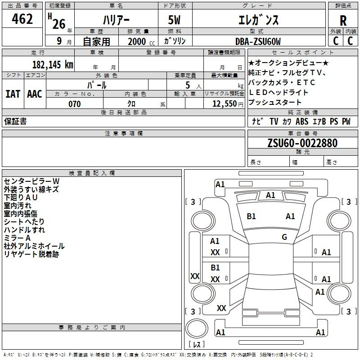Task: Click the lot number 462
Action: (x=22, y=19)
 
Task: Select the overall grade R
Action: (x=343, y=20)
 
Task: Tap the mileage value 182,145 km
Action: (x=53, y=64)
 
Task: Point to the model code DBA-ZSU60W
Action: (x=258, y=41)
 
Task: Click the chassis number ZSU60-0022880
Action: (x=302, y=143)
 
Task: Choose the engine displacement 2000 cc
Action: (x=141, y=42)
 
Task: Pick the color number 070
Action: (x=75, y=104)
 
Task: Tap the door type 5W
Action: (x=174, y=20)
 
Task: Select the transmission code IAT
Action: (x=13, y=94)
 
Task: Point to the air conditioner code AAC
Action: (x=35, y=94)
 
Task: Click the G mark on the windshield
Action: (x=284, y=237)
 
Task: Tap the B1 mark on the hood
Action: (x=251, y=216)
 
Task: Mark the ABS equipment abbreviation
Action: (x=302, y=121)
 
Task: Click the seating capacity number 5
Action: (x=188, y=85)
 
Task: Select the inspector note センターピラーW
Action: (x=31, y=181)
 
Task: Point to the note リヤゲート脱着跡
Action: (x=31, y=254)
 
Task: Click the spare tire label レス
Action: (x=197, y=344)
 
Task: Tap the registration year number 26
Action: (x=59, y=24)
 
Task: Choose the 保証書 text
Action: (x=15, y=121)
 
